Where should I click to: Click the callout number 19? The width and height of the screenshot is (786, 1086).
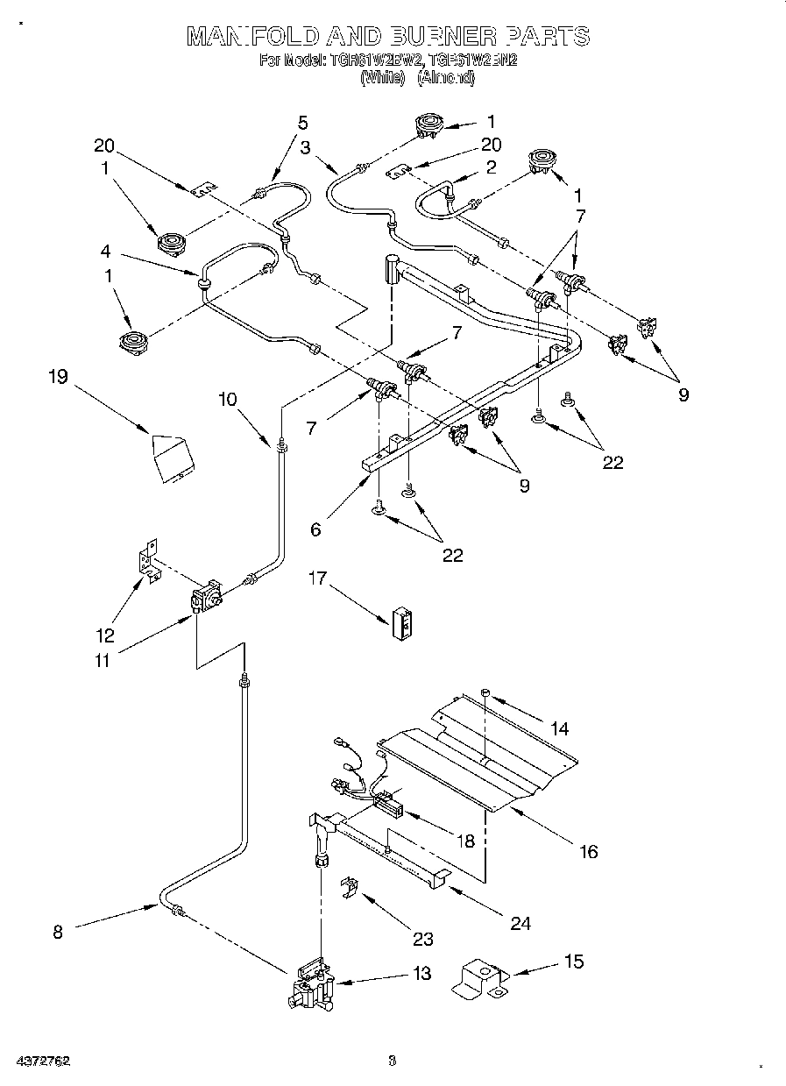pos(58,377)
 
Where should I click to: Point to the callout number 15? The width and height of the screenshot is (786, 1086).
pos(573,962)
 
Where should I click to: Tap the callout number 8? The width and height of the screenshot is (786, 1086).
pos(58,933)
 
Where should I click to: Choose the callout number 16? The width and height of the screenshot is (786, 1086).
pos(589,851)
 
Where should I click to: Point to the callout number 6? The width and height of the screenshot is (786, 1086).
pos(315,529)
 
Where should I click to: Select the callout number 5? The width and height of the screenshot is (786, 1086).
pos(303,122)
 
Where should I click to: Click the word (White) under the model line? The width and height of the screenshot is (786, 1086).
pos(382,78)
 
